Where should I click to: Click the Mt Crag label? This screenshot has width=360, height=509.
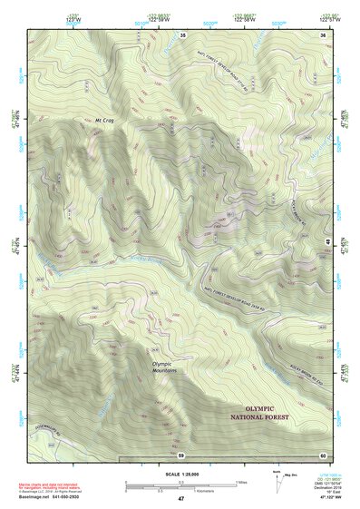point(106,119)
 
